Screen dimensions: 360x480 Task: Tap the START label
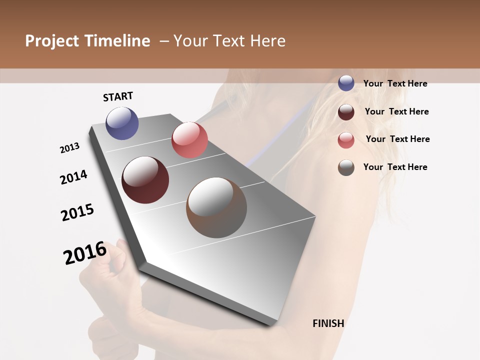tap(118, 96)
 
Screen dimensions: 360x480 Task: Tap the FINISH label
tap(328, 323)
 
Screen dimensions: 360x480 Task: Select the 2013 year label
tap(69, 148)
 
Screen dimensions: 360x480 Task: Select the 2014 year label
tap(73, 177)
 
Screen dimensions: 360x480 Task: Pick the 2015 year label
tap(77, 212)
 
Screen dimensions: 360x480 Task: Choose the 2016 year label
tap(85, 253)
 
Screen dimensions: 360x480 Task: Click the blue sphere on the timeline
tap(122, 123)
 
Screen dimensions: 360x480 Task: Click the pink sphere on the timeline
tap(189, 140)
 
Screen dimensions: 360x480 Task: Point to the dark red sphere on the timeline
tap(145, 180)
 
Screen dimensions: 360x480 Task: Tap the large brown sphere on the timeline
tap(216, 207)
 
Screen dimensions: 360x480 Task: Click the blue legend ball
tap(346, 83)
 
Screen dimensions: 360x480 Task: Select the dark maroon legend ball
tap(346, 112)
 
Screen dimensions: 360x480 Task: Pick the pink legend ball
tap(346, 140)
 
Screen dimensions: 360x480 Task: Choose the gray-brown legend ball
tap(346, 167)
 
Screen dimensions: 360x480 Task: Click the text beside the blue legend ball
tap(395, 83)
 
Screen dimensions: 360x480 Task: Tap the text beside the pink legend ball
tap(397, 139)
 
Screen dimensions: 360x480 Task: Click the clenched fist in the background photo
tap(102, 270)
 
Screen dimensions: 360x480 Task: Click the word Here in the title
tap(267, 41)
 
